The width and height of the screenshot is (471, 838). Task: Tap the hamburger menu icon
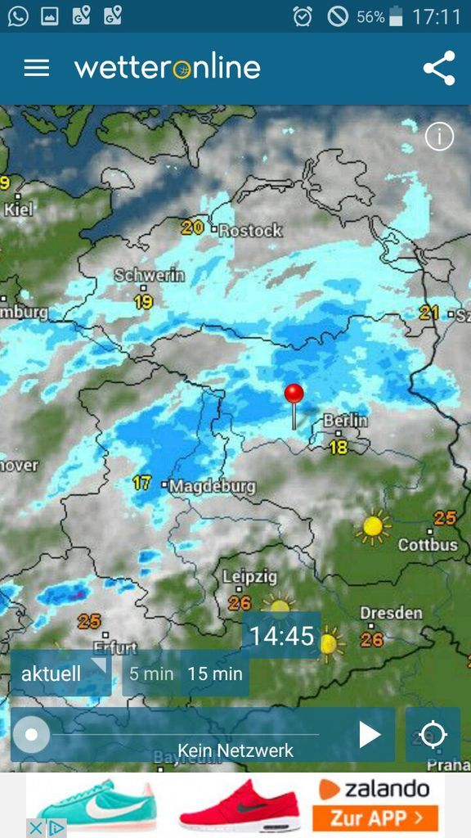coord(37,68)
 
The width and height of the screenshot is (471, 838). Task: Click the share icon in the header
coord(439,68)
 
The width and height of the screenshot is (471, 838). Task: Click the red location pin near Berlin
coord(294,394)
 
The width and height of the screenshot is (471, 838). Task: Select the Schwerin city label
coord(150,275)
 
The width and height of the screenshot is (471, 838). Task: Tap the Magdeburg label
coord(213,486)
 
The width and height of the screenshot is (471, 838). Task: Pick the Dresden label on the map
coord(391,613)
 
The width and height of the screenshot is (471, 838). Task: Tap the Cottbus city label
coord(428,545)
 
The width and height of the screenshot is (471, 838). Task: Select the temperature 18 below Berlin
coord(338,447)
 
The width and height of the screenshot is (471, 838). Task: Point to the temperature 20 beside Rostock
coord(192,228)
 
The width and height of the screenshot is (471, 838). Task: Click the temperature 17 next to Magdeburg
coord(142,484)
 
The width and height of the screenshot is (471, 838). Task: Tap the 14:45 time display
coord(281,636)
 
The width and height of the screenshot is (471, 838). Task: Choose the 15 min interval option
coord(215,674)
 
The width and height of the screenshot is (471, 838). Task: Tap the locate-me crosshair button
coord(433,735)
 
